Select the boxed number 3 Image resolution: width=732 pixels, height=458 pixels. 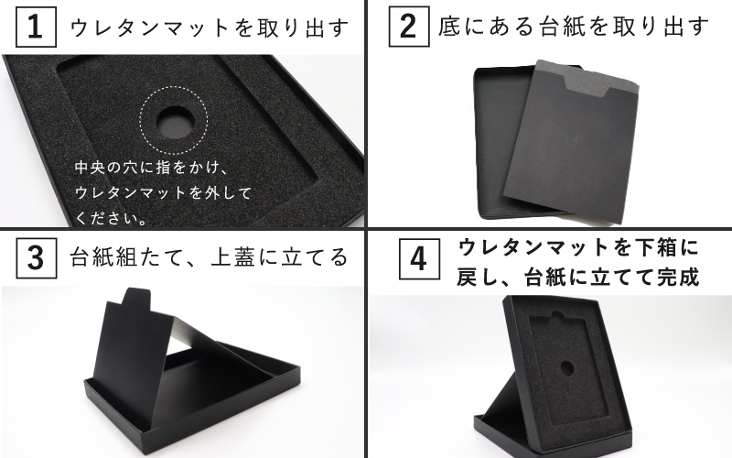coord(35,257)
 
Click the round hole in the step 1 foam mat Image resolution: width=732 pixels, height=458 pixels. coord(173,119)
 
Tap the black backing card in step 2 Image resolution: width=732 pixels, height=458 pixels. coord(563,151)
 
